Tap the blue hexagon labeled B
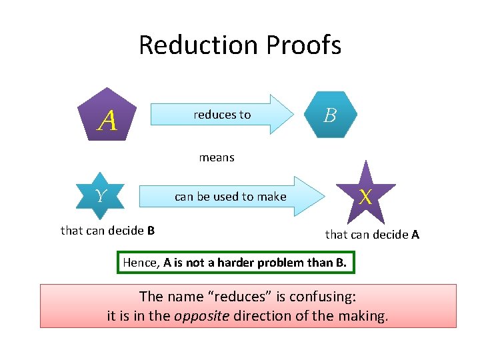[329, 115]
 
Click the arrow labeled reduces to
[223, 115]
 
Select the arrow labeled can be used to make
[230, 197]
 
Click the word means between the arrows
[217, 158]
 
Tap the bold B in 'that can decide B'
[151, 231]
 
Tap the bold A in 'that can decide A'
[415, 234]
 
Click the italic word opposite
[199, 315]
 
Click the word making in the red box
[361, 315]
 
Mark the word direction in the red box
[261, 315]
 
